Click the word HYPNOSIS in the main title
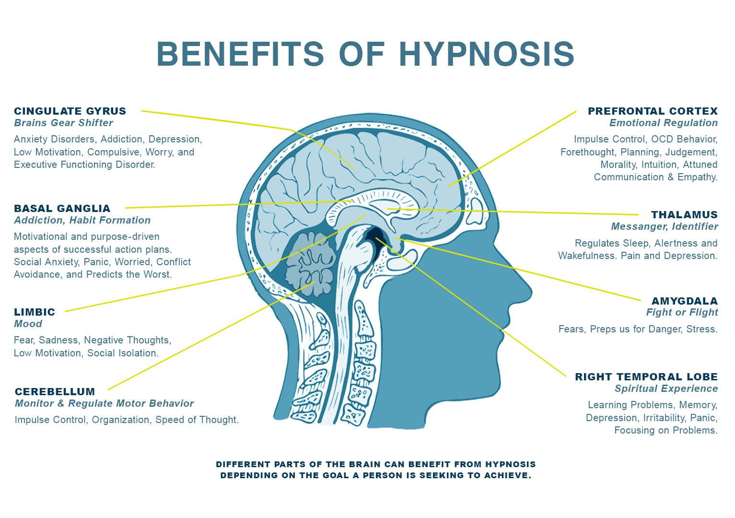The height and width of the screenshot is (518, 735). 487,54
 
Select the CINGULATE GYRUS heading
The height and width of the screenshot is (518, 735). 70,111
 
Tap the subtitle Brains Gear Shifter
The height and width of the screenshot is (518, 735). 63,123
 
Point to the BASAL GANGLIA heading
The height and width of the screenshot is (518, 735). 62,209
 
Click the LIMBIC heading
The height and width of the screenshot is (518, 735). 35,312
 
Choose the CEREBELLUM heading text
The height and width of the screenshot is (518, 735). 55,392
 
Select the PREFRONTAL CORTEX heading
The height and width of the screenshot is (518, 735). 653,111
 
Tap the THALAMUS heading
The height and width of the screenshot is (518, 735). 684,215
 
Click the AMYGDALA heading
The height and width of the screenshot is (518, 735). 684,301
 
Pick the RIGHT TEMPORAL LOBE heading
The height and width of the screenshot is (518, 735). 646,377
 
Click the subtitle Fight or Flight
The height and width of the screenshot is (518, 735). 682,313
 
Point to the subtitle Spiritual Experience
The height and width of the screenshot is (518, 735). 666,388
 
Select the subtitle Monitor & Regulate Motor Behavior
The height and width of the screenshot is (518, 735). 105,403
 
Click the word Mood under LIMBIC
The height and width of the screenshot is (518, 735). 28,324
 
